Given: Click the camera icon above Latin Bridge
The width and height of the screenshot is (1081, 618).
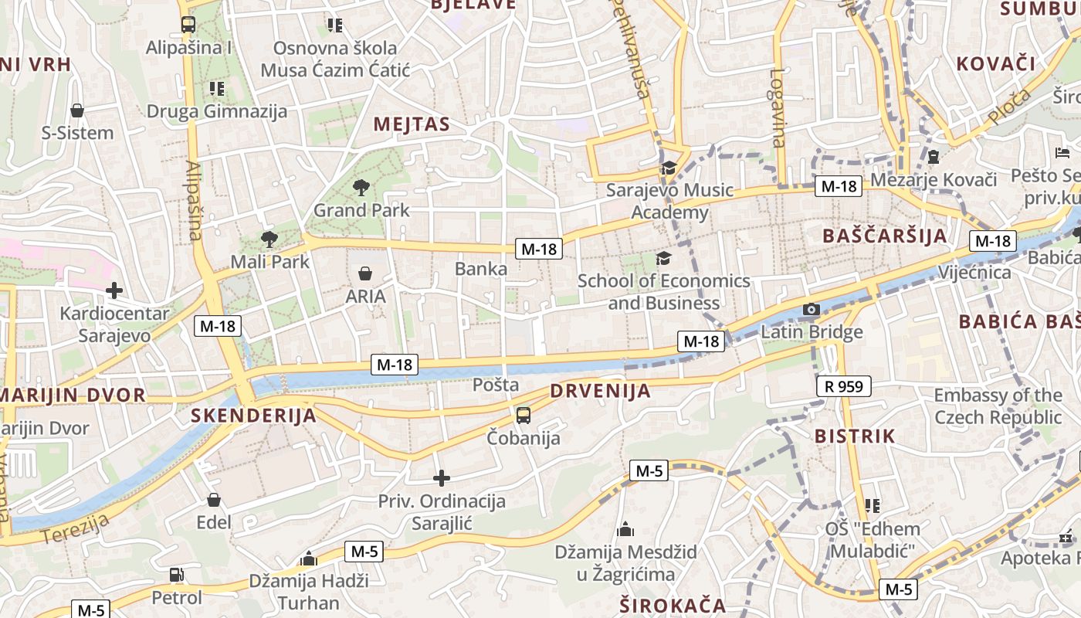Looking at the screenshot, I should (x=811, y=310).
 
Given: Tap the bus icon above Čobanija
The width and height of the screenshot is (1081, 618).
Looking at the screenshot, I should (x=524, y=416).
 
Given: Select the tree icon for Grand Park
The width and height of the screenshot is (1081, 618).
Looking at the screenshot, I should (x=361, y=187).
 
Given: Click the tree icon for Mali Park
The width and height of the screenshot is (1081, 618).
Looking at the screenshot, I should (x=269, y=239).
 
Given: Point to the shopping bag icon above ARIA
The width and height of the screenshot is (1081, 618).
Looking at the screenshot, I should (x=365, y=273).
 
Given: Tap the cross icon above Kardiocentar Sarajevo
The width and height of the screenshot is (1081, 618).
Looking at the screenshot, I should (x=114, y=290).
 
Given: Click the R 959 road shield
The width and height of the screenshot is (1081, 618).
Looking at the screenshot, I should (x=843, y=386).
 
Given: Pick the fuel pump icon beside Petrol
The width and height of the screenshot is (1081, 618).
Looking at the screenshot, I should (x=176, y=575).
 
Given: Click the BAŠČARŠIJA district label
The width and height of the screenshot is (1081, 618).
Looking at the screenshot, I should (x=885, y=236).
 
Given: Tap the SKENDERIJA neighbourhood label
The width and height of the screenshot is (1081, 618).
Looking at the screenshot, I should (x=253, y=416).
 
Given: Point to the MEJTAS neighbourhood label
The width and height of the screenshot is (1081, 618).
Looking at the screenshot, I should (x=412, y=124).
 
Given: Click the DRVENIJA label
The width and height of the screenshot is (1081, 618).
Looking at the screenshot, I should (x=600, y=391).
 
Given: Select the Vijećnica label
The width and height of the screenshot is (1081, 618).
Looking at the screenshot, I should (x=974, y=273).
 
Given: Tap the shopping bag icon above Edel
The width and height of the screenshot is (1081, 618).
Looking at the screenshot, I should (x=214, y=500).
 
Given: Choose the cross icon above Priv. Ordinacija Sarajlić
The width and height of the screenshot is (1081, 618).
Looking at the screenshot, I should (x=441, y=479).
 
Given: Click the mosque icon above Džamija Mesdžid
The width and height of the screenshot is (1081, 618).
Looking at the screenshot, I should (x=625, y=530).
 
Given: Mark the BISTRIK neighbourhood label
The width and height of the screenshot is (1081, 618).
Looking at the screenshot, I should (x=855, y=436).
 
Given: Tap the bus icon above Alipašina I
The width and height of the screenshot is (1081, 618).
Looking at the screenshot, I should (x=188, y=25).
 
